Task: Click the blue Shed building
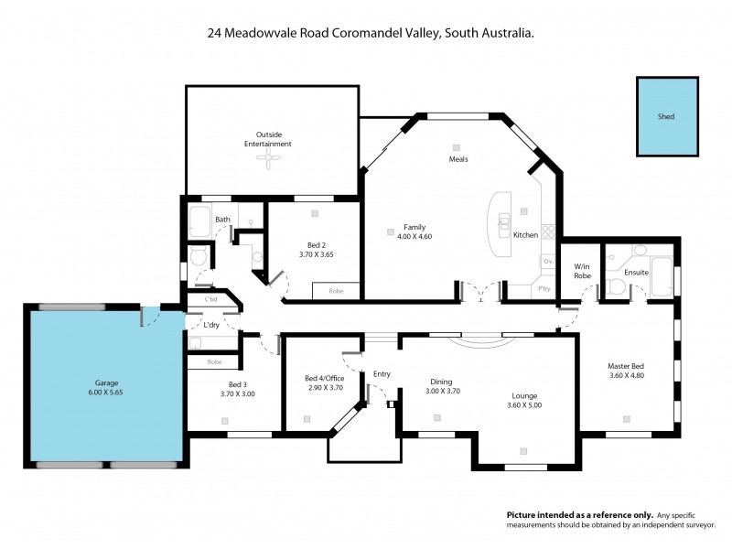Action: tap(666, 116)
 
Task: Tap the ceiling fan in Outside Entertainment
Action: tap(267, 162)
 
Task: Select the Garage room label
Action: tap(107, 382)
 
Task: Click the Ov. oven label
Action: tap(548, 261)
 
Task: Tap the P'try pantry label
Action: tap(544, 289)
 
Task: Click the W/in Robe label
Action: tap(580, 270)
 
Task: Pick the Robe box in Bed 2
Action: tap(335, 292)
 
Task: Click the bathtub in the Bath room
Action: tap(200, 220)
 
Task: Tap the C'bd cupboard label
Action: tap(210, 300)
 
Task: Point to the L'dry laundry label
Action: tap(210, 325)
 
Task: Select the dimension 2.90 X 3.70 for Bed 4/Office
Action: tap(323, 388)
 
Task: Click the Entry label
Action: tap(382, 373)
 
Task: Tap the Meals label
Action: tap(458, 158)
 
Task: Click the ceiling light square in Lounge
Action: tap(523, 450)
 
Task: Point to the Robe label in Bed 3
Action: tap(214, 361)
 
